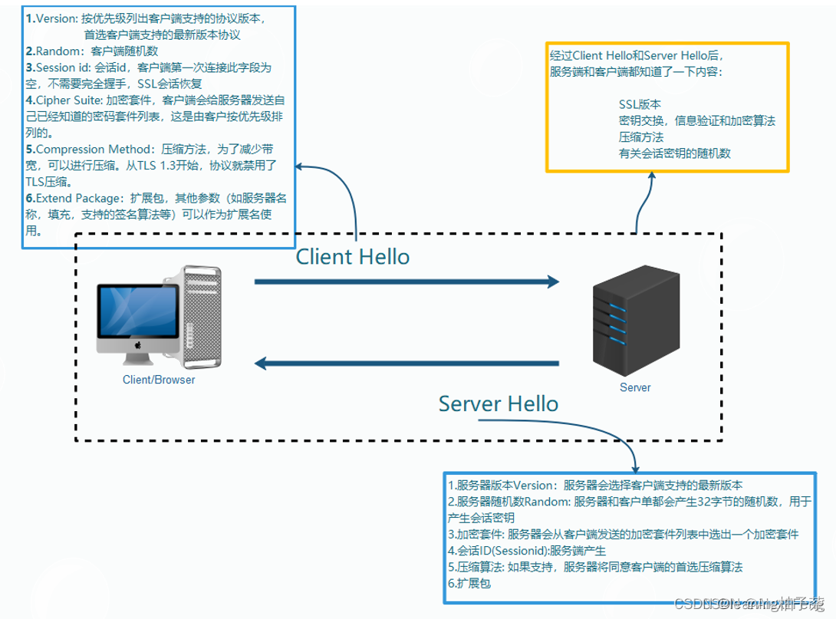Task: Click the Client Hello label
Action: pos(353,256)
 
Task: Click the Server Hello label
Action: pos(498,403)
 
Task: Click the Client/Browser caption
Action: pos(159,380)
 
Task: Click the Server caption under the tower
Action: pos(634,387)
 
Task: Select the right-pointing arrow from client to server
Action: pos(406,282)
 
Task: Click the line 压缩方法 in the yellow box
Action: pos(640,137)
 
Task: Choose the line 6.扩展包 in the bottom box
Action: pos(469,584)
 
